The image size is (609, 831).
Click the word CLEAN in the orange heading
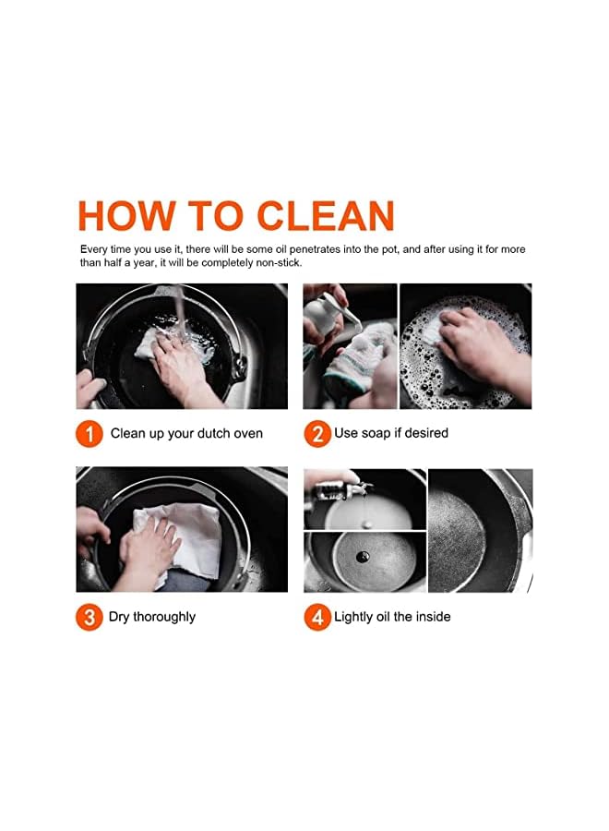[326, 216]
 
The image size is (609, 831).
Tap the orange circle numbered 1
[89, 434]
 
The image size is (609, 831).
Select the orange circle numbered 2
[317, 434]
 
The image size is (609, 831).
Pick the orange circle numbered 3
[89, 618]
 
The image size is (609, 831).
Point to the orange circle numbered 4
[317, 618]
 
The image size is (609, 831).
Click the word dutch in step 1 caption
[214, 433]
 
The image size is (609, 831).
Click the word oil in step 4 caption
[382, 617]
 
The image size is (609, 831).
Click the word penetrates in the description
[315, 249]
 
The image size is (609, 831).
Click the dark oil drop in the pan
[364, 557]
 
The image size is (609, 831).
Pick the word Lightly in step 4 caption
[353, 617]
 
